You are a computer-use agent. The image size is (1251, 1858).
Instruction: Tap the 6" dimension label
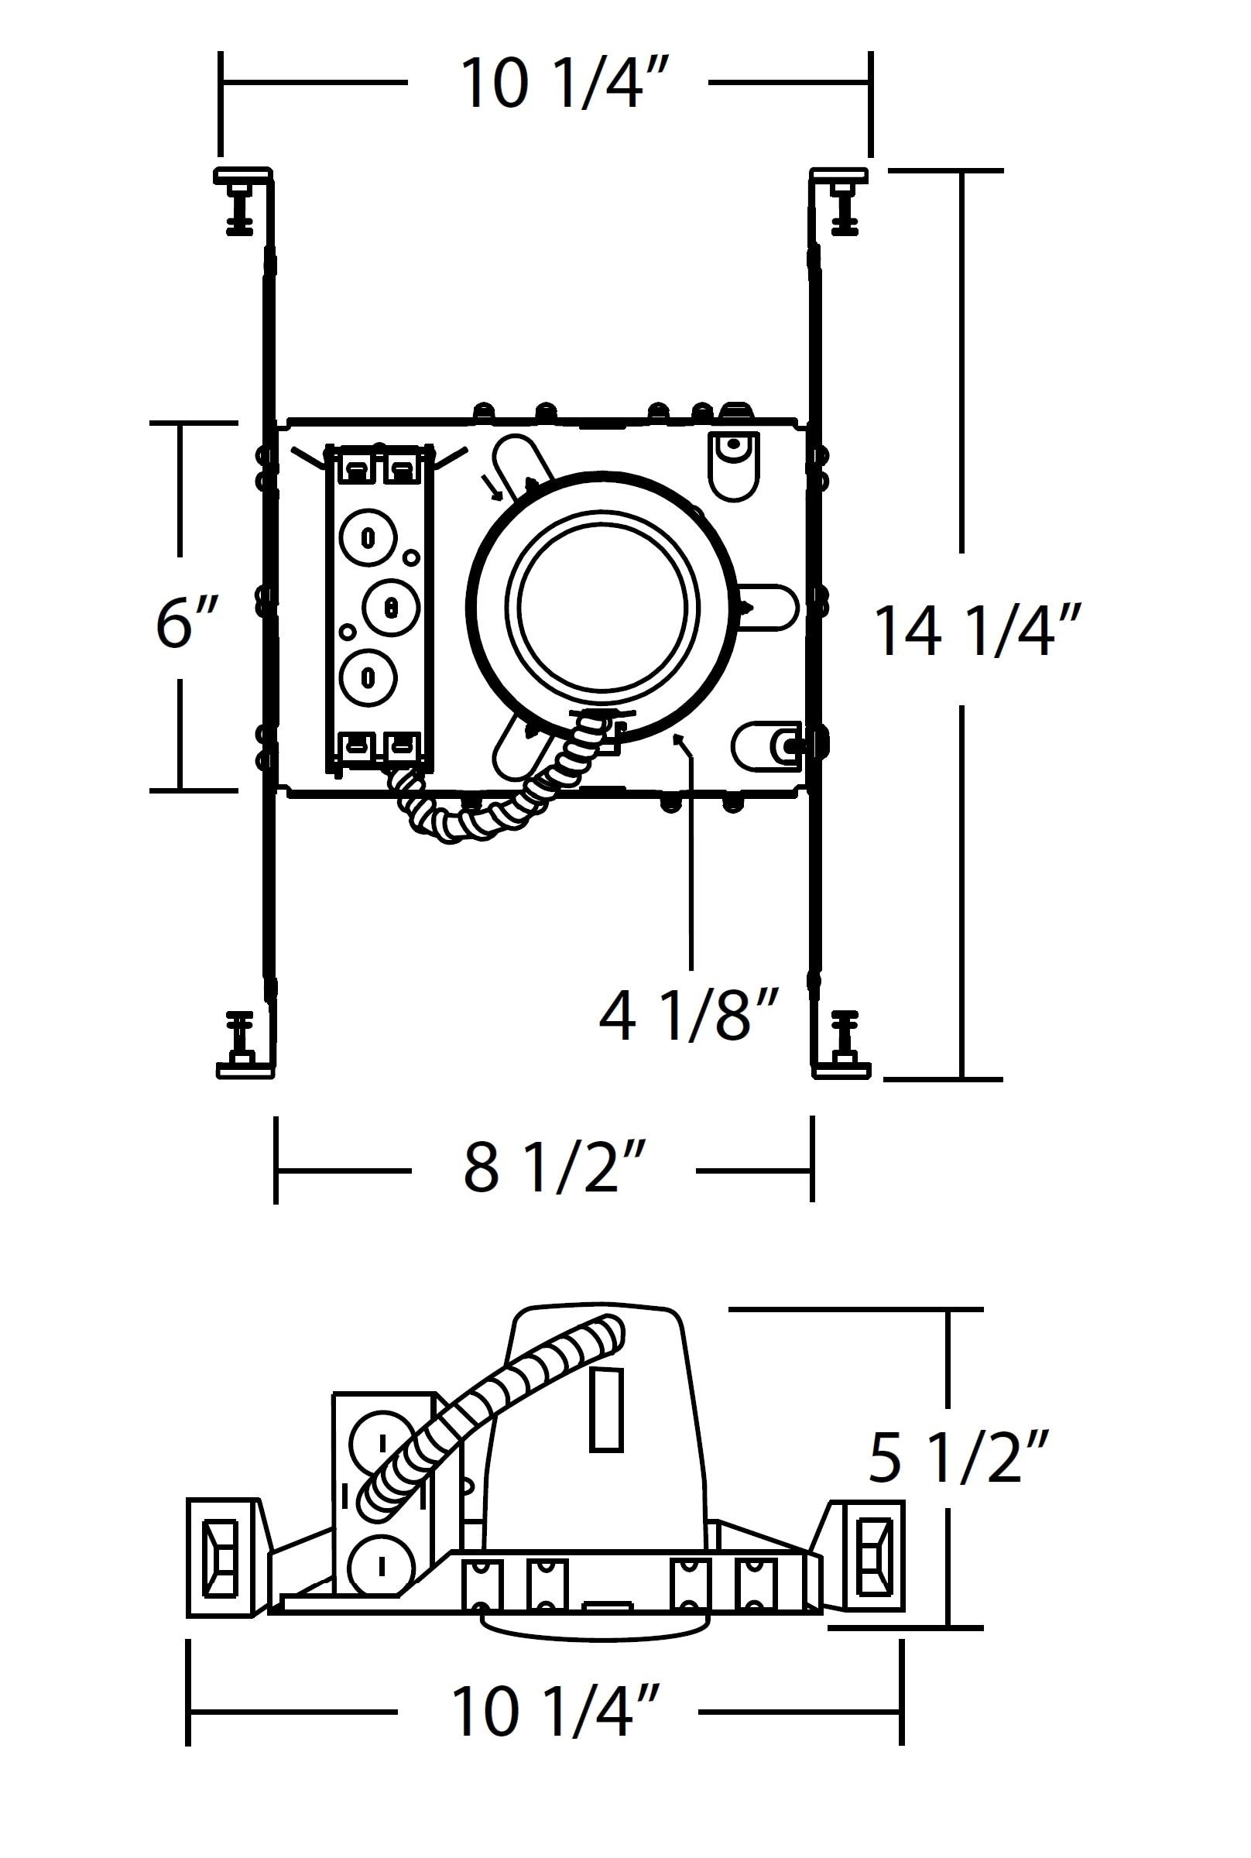(x=186, y=622)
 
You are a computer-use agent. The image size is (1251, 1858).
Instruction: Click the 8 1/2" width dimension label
(x=553, y=1170)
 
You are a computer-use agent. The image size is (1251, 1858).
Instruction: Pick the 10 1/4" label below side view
(x=554, y=1711)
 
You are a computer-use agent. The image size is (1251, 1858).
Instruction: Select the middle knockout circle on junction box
(x=391, y=607)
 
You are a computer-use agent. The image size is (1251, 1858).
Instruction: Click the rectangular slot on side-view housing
(x=606, y=1410)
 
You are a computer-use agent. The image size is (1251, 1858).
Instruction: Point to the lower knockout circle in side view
(x=382, y=1566)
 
